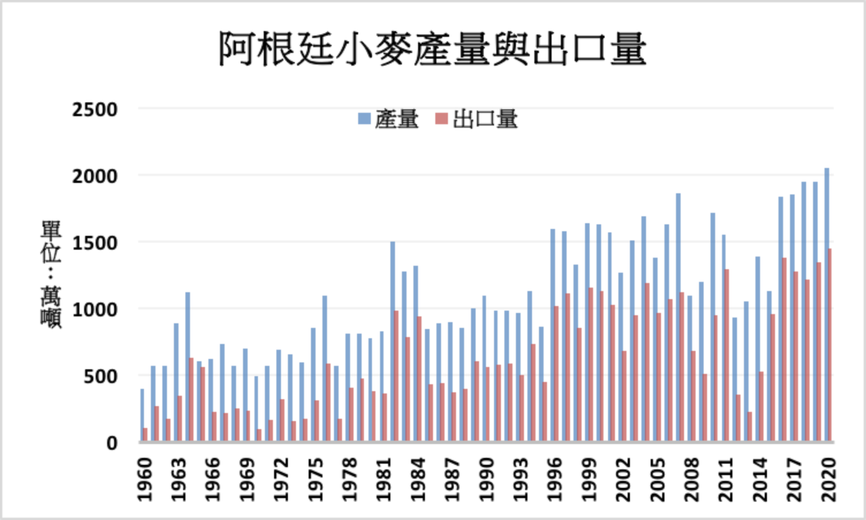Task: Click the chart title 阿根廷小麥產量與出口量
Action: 432,48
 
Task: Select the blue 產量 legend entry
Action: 389,119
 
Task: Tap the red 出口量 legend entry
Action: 477,119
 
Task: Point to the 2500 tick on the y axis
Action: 94,109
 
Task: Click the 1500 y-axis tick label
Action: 94,243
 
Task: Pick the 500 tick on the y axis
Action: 100,377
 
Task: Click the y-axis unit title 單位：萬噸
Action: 51,274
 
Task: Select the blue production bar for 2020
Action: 826,305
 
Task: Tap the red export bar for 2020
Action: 830,345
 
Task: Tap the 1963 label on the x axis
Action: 179,479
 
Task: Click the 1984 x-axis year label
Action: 419,479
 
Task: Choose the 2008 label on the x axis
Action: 692,479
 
